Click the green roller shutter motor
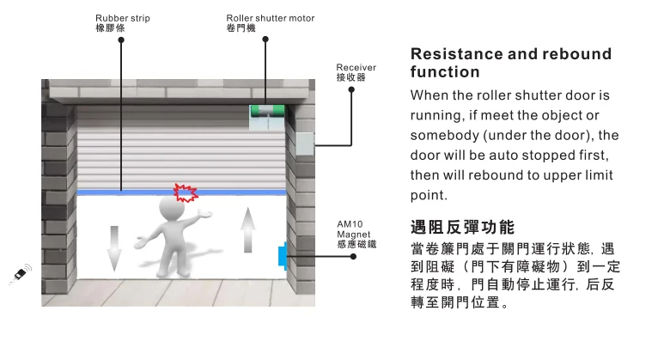pos(268,111)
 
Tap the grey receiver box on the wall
pos(304,143)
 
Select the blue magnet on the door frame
pos(283,256)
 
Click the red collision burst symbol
pos(186,192)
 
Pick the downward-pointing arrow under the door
pos(114,248)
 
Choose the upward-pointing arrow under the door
pos(248,230)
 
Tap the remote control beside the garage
pos(21,274)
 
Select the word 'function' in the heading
pos(445,72)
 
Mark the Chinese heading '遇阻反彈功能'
pos(462,228)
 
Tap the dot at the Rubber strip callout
pos(121,40)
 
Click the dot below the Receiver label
pos(351,89)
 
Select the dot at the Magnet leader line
pos(353,256)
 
